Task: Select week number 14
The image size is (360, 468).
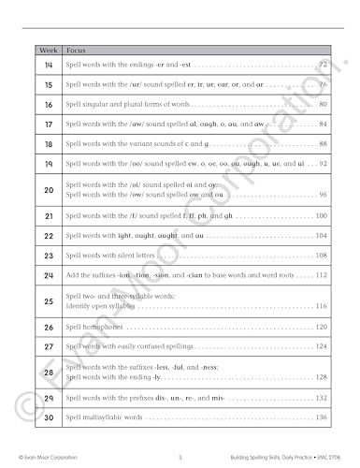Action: (48, 65)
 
